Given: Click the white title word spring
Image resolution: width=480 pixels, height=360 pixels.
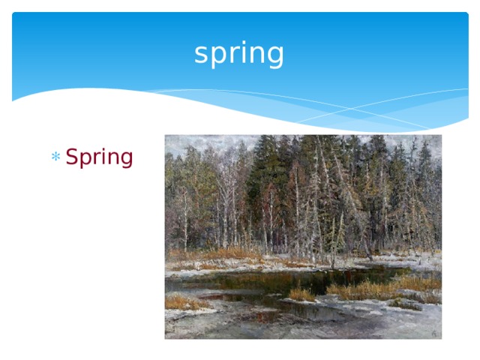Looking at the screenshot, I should [239, 54].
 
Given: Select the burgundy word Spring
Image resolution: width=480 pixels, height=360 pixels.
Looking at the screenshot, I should [99, 158].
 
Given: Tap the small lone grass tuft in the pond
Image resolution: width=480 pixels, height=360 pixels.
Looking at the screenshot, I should [301, 294].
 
